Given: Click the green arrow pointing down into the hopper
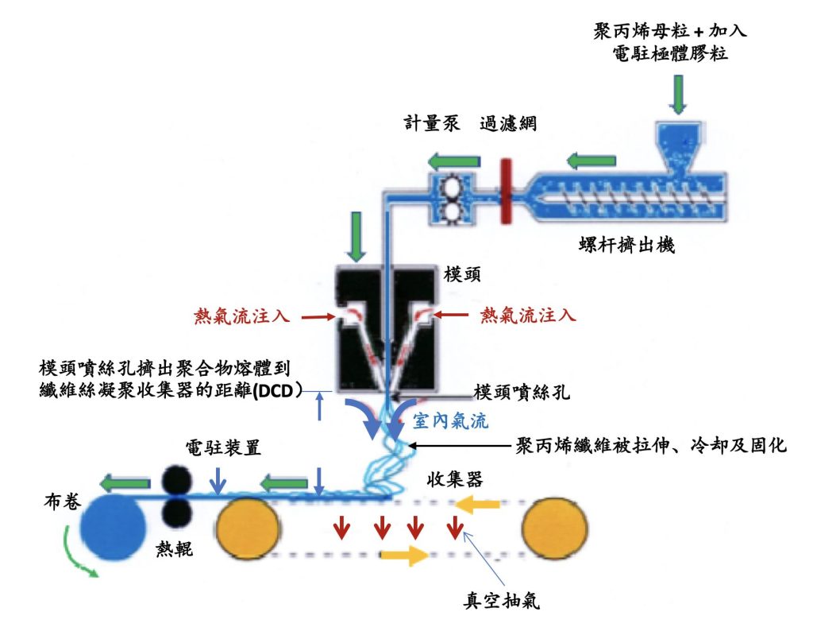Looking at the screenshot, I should (x=677, y=94).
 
